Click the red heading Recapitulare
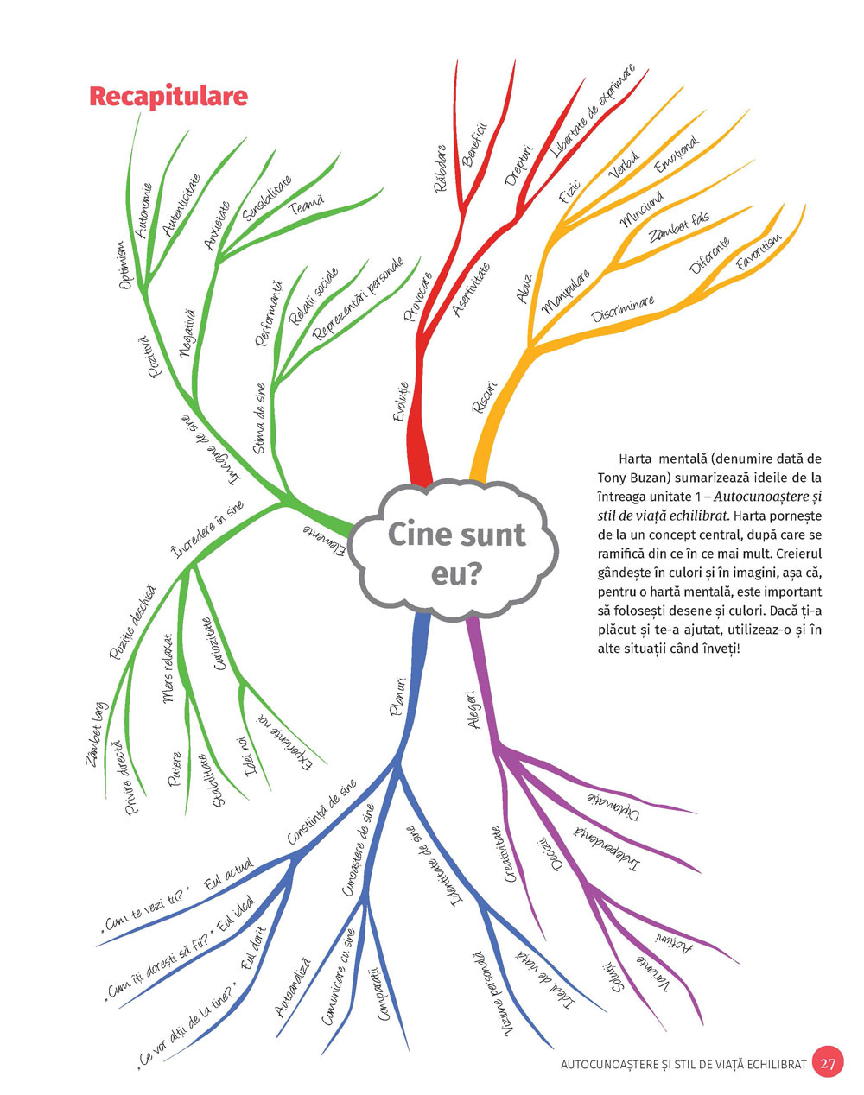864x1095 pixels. (x=168, y=96)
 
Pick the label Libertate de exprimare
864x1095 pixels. (x=594, y=113)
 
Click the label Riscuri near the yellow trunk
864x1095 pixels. (x=485, y=395)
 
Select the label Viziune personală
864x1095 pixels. (x=492, y=993)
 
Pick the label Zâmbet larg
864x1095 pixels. (x=95, y=735)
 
